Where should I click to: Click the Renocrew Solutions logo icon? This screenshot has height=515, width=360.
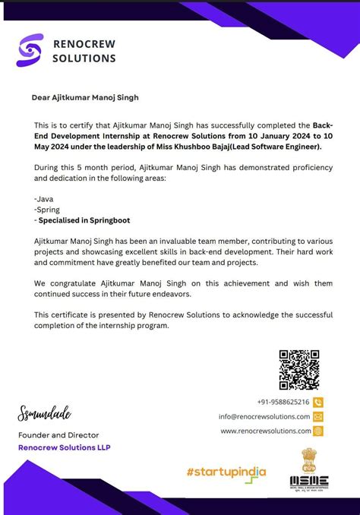(30, 49)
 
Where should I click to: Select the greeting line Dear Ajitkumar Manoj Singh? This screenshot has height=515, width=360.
(85, 97)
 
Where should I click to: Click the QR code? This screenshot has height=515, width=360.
(299, 369)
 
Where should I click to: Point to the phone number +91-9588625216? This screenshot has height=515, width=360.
(283, 402)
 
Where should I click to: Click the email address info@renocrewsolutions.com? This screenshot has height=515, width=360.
(264, 416)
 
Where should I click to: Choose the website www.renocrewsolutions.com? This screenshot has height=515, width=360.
(266, 431)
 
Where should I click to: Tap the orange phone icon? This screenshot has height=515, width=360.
(318, 402)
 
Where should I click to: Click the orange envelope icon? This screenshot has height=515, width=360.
(318, 416)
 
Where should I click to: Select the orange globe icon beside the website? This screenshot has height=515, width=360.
(318, 431)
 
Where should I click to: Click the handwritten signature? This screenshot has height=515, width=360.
(44, 414)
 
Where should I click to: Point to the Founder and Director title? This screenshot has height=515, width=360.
(58, 435)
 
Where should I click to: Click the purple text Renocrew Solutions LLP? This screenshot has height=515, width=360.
(65, 447)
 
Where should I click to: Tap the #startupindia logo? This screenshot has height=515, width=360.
(226, 472)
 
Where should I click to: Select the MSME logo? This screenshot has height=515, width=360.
(309, 480)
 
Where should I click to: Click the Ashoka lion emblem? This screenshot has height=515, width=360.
(309, 460)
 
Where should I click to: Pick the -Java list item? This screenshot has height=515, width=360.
(44, 197)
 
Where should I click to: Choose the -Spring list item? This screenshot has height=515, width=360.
(47, 209)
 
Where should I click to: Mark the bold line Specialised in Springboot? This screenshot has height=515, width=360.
(84, 220)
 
